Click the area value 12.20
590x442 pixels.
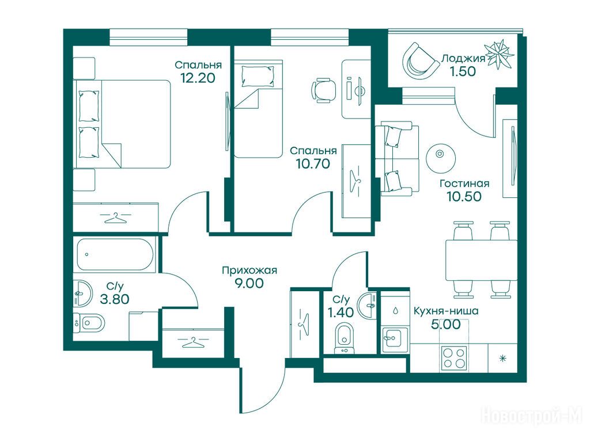198,78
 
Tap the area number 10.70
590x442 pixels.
313,163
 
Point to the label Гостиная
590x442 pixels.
465,184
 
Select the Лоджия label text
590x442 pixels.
463,58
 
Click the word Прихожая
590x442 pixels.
249,270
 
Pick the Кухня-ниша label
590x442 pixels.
447,311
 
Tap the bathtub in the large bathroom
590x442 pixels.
115,254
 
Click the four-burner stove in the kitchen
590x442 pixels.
454,358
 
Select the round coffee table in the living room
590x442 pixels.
441,157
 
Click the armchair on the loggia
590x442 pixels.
419,60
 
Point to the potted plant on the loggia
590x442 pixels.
499,55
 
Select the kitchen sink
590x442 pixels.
395,340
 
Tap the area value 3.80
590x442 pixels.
115,299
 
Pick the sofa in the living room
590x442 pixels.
397,158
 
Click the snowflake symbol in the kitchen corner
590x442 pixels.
502,359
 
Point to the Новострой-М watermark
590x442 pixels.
532,417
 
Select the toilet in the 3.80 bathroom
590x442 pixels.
89,322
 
